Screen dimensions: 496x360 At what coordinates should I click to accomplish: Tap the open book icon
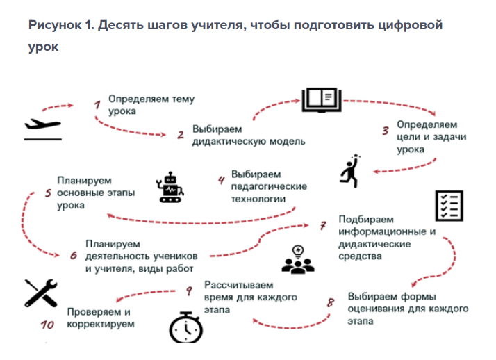(x=322, y=100)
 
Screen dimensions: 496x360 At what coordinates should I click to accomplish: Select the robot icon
(x=170, y=187)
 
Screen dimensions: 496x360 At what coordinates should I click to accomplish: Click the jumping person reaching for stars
(x=350, y=171)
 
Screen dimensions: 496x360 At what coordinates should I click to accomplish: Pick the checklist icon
(x=449, y=206)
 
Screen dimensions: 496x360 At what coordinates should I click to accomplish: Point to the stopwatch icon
(x=186, y=328)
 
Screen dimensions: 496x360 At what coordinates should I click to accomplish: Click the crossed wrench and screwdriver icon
(x=41, y=293)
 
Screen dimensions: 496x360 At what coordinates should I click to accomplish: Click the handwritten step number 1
(x=97, y=104)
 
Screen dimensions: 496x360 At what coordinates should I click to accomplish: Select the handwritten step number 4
(x=221, y=180)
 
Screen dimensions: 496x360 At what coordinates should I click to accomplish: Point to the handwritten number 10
(x=47, y=325)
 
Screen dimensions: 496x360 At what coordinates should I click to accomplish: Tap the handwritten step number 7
(x=322, y=226)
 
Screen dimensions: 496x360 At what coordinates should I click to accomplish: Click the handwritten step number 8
(x=331, y=302)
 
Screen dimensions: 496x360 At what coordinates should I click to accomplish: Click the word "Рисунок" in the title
(x=55, y=25)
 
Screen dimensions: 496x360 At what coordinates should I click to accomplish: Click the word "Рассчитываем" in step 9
(x=239, y=285)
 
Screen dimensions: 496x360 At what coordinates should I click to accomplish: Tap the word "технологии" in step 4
(x=258, y=199)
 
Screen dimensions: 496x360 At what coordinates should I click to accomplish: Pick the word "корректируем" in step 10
(x=101, y=325)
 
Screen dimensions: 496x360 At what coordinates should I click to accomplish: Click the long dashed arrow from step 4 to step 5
(x=202, y=222)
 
